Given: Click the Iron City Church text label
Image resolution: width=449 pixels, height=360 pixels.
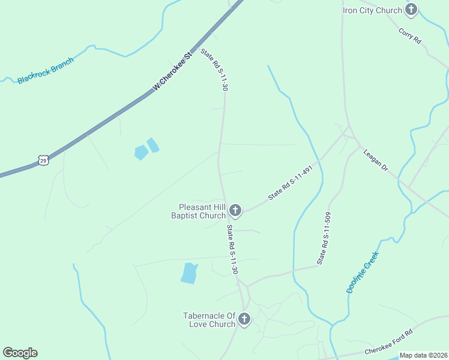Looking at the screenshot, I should (x=372, y=10).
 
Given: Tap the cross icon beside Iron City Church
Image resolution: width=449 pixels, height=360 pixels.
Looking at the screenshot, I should (x=411, y=9).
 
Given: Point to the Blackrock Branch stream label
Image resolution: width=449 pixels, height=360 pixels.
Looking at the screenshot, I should (x=46, y=71).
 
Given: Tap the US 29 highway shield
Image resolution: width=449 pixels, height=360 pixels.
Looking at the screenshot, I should (x=43, y=160).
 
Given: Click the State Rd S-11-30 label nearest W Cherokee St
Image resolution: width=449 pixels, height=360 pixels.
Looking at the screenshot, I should (x=214, y=70).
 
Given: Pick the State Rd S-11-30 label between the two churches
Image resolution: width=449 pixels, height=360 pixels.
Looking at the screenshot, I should (x=232, y=250).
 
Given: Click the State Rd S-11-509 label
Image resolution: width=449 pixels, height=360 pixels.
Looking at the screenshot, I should (x=324, y=238).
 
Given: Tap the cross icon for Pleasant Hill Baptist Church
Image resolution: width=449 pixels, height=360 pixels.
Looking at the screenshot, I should (x=235, y=211).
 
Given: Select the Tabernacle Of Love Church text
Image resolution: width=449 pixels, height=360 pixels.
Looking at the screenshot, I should (x=209, y=320).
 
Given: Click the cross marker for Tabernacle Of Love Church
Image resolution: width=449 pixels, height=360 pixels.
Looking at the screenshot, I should (x=244, y=319).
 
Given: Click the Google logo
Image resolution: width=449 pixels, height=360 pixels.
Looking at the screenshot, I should (x=20, y=353).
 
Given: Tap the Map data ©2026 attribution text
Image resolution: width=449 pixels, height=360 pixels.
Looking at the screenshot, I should (x=423, y=355).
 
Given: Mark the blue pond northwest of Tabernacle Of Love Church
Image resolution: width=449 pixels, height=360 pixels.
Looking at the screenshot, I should (x=189, y=273).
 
